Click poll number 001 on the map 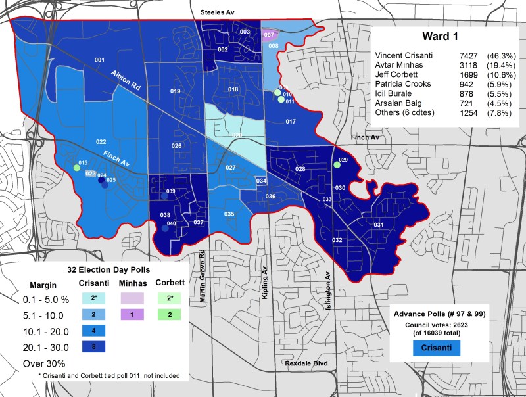tap(100, 60)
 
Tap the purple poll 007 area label tap(269, 34)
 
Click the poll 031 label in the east tap(379, 225)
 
